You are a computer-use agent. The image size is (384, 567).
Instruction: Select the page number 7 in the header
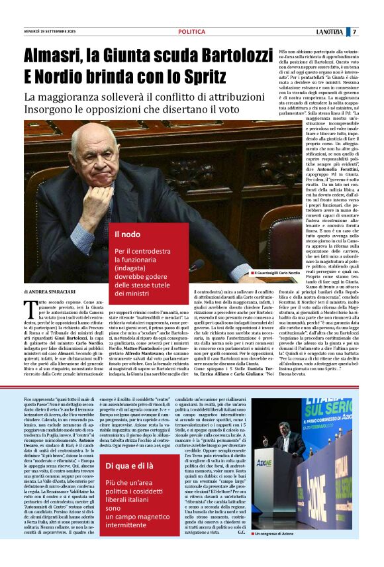pos(354,32)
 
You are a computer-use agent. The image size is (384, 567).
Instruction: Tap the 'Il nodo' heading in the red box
pos(126,234)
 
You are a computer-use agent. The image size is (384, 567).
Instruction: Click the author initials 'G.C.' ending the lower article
pos(241,550)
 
